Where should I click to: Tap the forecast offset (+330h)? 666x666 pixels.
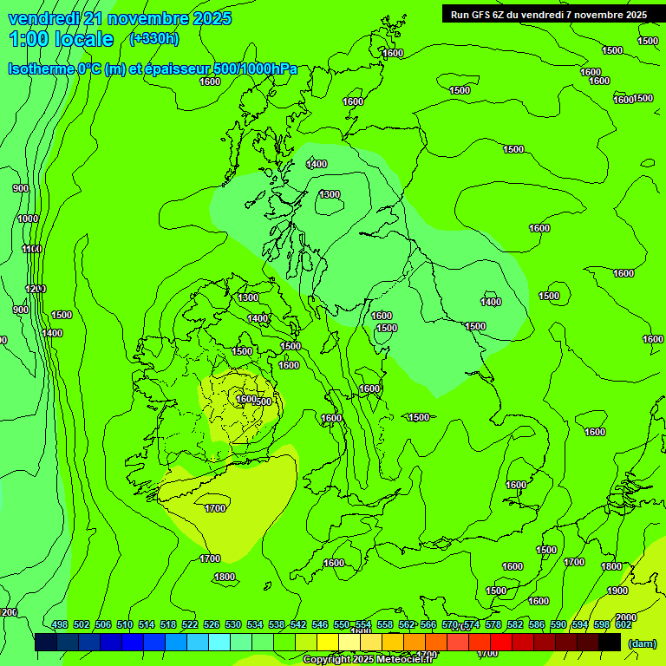point(153,38)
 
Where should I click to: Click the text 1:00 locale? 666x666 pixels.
point(61,39)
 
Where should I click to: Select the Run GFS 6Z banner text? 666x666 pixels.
point(549,14)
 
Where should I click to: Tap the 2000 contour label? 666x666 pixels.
point(625,617)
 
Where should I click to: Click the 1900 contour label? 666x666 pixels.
point(617,591)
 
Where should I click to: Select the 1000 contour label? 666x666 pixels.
point(28,219)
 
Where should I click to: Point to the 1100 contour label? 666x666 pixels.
point(32,249)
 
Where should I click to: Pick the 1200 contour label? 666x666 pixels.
point(35,288)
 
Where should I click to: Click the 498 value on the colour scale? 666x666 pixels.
point(60,624)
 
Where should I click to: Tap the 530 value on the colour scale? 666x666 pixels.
point(233,624)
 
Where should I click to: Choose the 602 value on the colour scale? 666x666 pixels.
point(624,624)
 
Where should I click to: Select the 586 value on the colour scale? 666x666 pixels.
point(537,624)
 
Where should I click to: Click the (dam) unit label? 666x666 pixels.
point(642,643)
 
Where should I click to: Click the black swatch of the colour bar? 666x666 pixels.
point(610,642)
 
